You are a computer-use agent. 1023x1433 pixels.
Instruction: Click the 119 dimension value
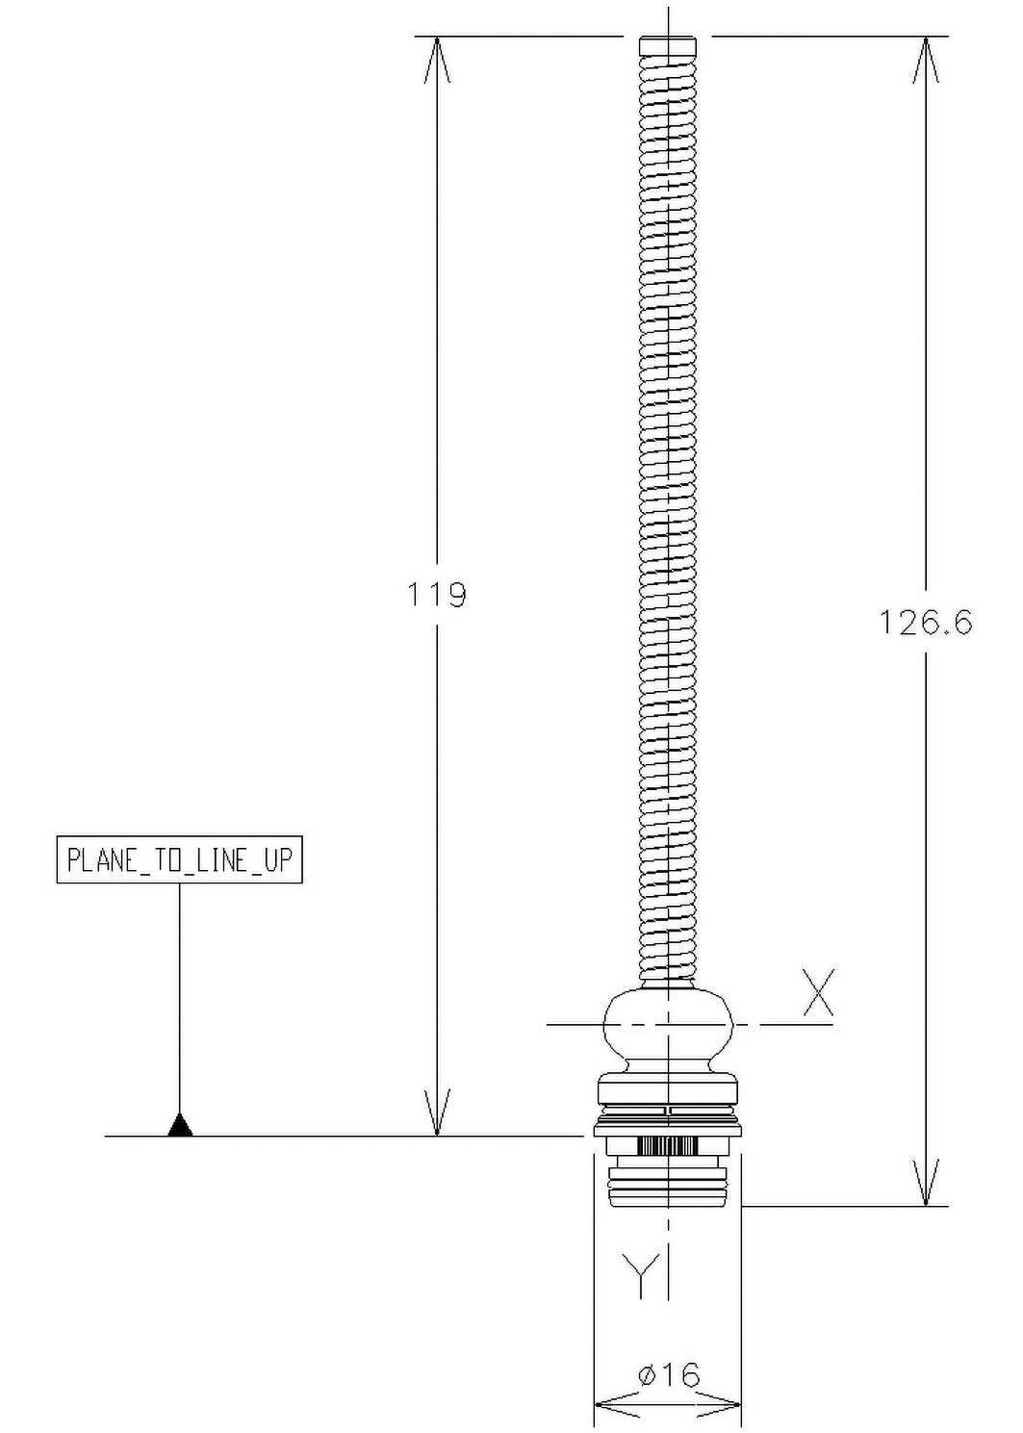tap(437, 595)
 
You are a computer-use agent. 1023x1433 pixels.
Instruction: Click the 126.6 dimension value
tap(926, 623)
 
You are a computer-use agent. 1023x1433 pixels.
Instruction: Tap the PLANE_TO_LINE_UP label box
tap(179, 860)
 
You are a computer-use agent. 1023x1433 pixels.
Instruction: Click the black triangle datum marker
tap(180, 1125)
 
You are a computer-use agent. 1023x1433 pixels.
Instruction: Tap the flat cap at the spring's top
tap(668, 44)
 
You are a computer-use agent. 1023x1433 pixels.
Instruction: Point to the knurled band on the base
tap(667, 1146)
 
